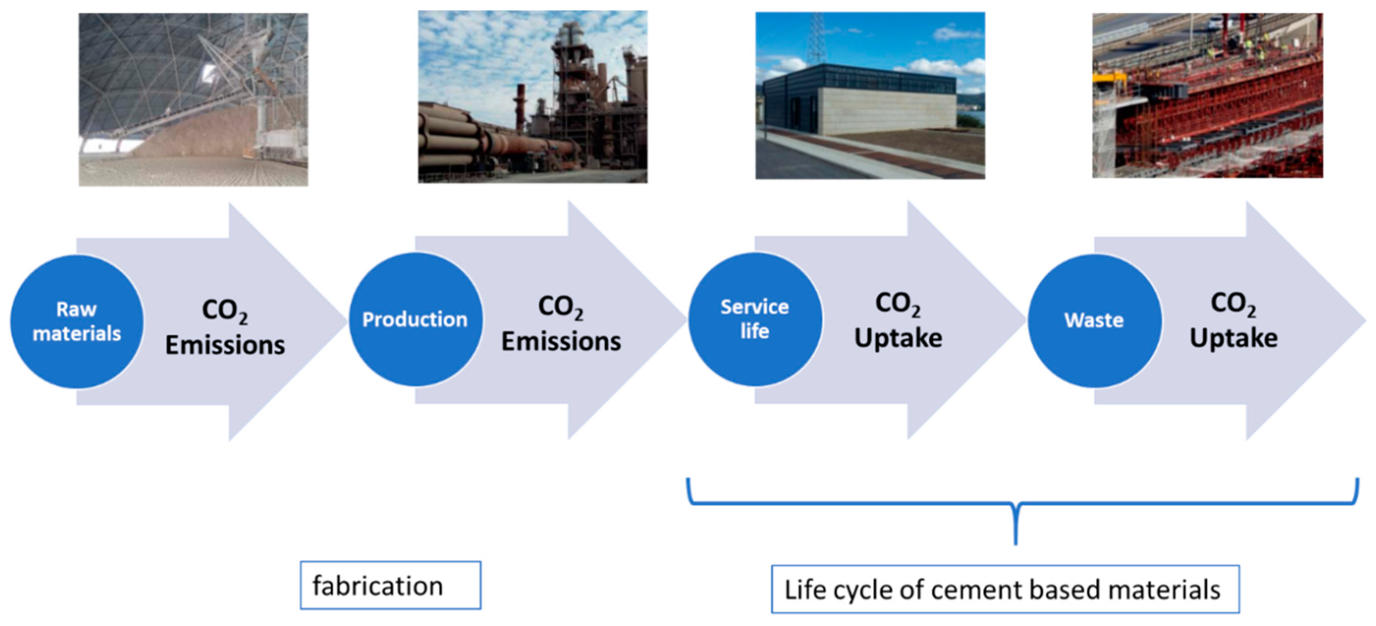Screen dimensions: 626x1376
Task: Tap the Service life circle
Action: tap(754, 319)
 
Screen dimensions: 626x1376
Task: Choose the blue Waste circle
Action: tap(1094, 320)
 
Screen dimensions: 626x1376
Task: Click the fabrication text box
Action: tap(390, 585)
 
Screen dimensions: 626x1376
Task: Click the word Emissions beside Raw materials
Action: tap(225, 345)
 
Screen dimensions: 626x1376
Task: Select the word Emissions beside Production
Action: tap(561, 341)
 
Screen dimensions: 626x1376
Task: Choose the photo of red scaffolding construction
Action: tap(1207, 95)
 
